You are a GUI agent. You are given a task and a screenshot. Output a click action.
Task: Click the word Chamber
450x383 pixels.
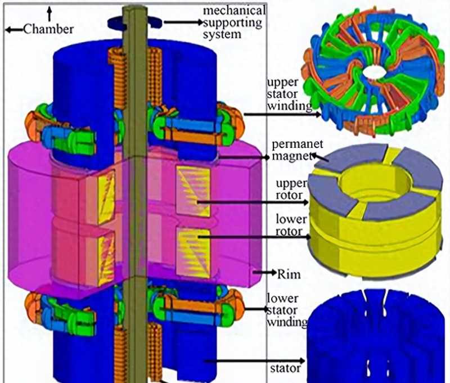point(48,29)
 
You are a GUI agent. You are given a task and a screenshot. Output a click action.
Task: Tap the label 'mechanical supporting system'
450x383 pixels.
point(234,22)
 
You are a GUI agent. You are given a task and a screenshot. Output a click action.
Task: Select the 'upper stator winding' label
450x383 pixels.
point(289,94)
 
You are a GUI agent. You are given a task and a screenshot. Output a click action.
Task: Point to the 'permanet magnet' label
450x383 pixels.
point(297,150)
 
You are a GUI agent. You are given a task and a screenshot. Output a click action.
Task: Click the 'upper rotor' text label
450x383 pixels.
point(291,190)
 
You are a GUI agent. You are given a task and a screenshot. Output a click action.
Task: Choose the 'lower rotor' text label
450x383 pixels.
point(291,226)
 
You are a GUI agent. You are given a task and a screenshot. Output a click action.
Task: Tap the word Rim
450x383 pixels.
point(289,274)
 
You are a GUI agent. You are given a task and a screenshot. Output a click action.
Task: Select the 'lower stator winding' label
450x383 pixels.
point(287,310)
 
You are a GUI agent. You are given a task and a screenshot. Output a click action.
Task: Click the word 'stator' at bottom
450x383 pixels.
point(285,368)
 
